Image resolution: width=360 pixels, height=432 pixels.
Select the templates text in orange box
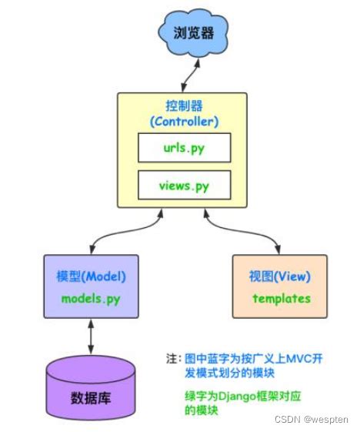coord(280,297)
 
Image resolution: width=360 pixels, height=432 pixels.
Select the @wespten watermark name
coord(326,420)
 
